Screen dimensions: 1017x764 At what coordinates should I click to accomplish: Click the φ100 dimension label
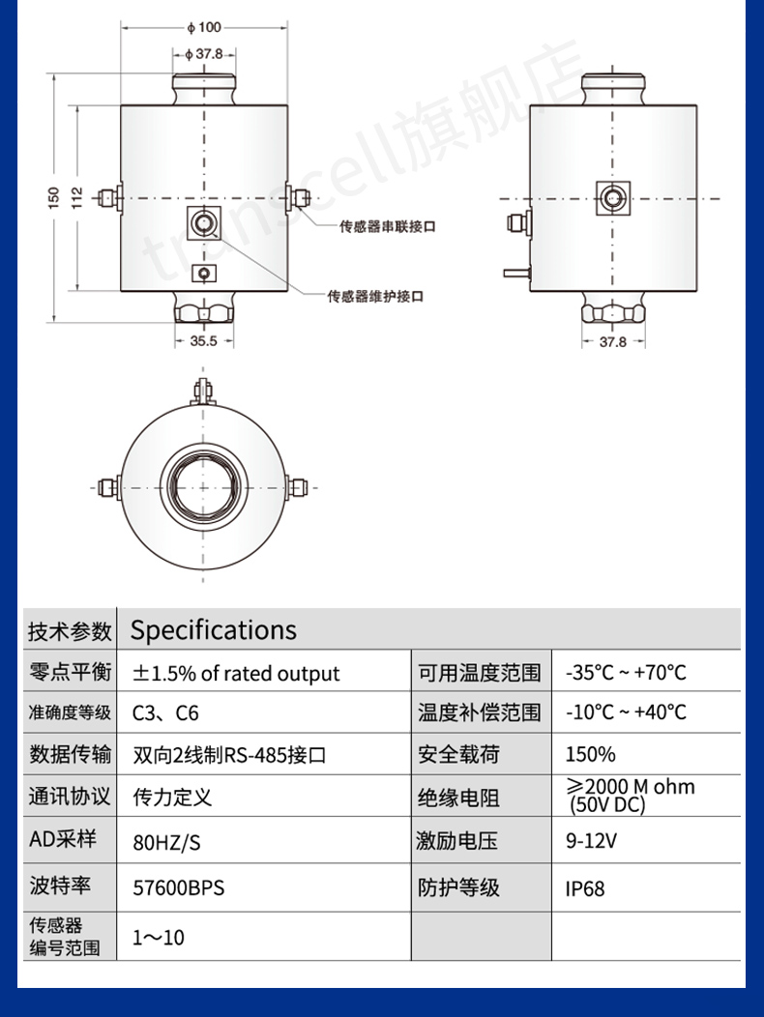[x=204, y=27]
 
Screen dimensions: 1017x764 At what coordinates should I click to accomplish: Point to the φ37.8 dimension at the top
[x=204, y=54]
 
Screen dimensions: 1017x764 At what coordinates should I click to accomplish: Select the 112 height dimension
[x=78, y=198]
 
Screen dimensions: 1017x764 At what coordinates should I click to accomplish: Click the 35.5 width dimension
[x=204, y=341]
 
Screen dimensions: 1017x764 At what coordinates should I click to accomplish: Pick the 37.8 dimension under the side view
[x=612, y=341]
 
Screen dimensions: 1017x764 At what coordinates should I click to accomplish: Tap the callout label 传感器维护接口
[x=375, y=296]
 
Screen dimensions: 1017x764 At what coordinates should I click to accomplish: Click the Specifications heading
[x=214, y=630]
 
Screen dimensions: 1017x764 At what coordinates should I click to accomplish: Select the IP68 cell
[x=585, y=887]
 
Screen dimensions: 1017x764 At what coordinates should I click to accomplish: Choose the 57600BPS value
[x=178, y=886]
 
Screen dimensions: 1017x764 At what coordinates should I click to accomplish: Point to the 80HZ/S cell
[x=166, y=842]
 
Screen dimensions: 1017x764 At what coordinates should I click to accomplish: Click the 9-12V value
[x=591, y=841]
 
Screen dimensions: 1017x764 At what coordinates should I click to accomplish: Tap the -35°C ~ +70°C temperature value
[x=626, y=673]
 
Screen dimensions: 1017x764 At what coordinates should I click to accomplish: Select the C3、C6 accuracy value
[x=165, y=713]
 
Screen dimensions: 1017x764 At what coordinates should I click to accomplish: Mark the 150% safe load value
[x=590, y=754]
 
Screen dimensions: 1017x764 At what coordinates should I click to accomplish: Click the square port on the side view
[x=611, y=198]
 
